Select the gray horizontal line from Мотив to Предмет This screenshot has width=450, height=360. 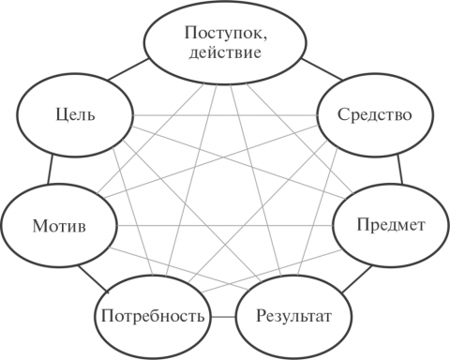[x=225, y=225]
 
